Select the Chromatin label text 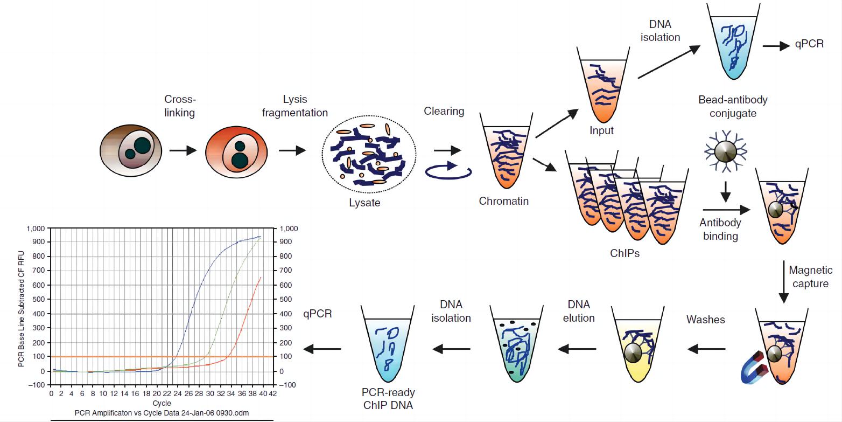coord(503,201)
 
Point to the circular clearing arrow coord(448,171)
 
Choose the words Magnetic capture coord(810,276)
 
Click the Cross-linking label coord(180,106)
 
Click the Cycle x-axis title coord(162,403)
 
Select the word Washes coord(705,320)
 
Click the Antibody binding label coord(720,229)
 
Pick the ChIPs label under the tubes coord(625,253)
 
